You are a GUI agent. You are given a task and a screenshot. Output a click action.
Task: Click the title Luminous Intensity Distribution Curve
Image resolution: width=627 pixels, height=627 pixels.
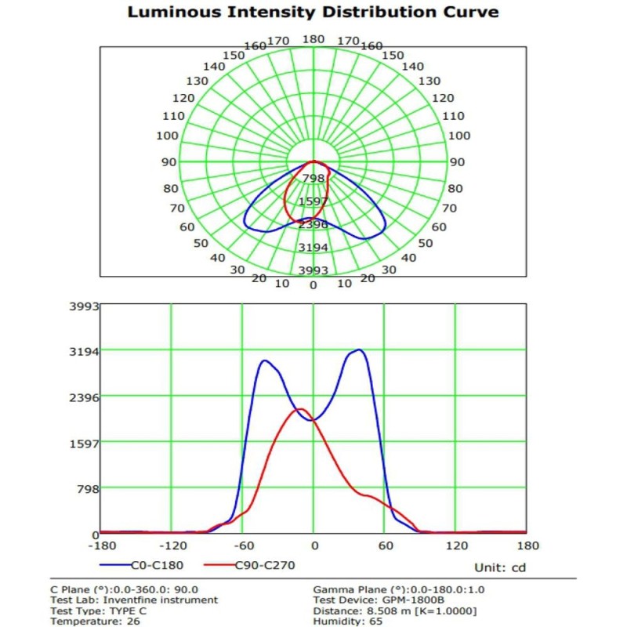pyautogui.click(x=313, y=13)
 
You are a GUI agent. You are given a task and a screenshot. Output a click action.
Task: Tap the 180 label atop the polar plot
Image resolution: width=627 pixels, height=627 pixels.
pyautogui.click(x=313, y=39)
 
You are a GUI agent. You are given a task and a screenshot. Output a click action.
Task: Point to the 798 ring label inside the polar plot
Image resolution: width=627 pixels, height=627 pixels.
pyautogui.click(x=313, y=179)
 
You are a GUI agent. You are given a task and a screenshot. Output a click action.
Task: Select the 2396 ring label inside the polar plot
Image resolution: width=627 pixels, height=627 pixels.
pyautogui.click(x=313, y=224)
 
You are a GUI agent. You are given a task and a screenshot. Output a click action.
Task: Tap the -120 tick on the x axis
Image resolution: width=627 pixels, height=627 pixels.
pyautogui.click(x=171, y=545)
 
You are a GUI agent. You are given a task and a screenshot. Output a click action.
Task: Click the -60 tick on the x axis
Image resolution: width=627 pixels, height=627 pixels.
pyautogui.click(x=242, y=545)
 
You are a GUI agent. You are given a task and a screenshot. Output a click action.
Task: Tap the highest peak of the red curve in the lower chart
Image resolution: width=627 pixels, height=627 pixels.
pyautogui.click(x=299, y=409)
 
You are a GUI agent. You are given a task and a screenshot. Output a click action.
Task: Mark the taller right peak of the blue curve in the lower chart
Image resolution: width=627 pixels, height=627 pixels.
pyautogui.click(x=358, y=350)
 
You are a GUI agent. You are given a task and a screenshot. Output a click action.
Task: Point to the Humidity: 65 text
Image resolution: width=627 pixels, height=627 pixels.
pyautogui.click(x=348, y=621)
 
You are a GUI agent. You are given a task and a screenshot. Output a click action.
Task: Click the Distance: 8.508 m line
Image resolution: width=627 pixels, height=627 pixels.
pyautogui.click(x=394, y=611)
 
